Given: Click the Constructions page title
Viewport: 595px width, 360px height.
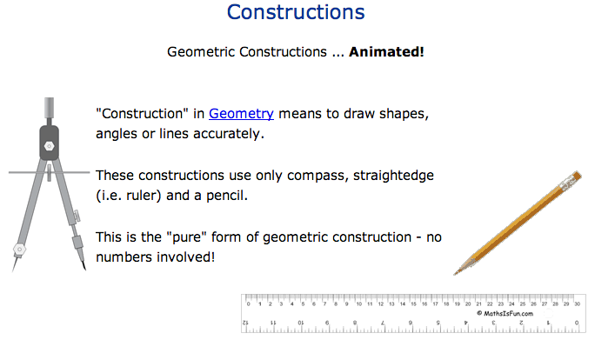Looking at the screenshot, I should point(295,13).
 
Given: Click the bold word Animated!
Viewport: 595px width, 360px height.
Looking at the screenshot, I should point(387,52).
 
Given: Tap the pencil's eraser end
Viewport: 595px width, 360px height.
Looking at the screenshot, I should point(572,179).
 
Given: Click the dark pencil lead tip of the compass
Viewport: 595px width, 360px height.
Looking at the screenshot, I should point(84,270).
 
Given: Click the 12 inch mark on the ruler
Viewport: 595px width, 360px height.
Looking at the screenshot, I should point(246,323).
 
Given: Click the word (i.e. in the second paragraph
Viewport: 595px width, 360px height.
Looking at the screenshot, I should point(111,196).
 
